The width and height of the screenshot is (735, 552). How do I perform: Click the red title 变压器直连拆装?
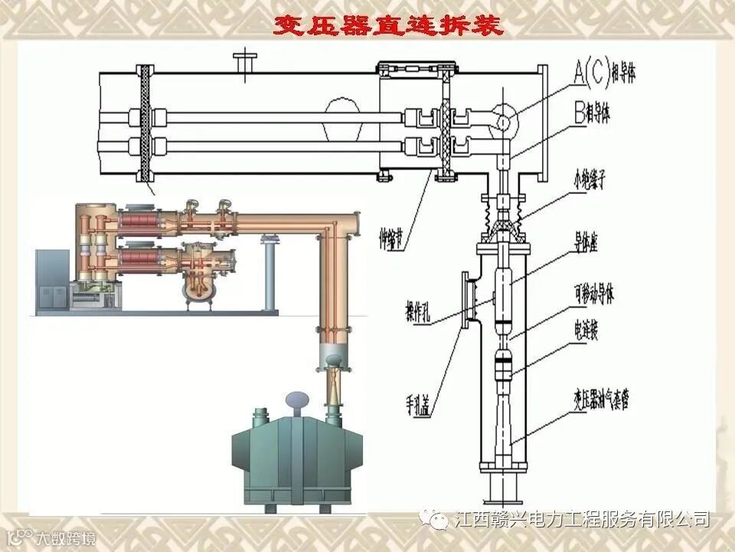(389, 26)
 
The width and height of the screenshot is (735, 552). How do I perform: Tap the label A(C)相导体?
(605, 73)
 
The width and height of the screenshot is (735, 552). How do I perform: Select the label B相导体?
(598, 115)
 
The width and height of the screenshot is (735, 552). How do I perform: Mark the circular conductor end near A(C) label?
(505, 120)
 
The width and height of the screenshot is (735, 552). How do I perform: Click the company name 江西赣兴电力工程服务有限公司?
(582, 519)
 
